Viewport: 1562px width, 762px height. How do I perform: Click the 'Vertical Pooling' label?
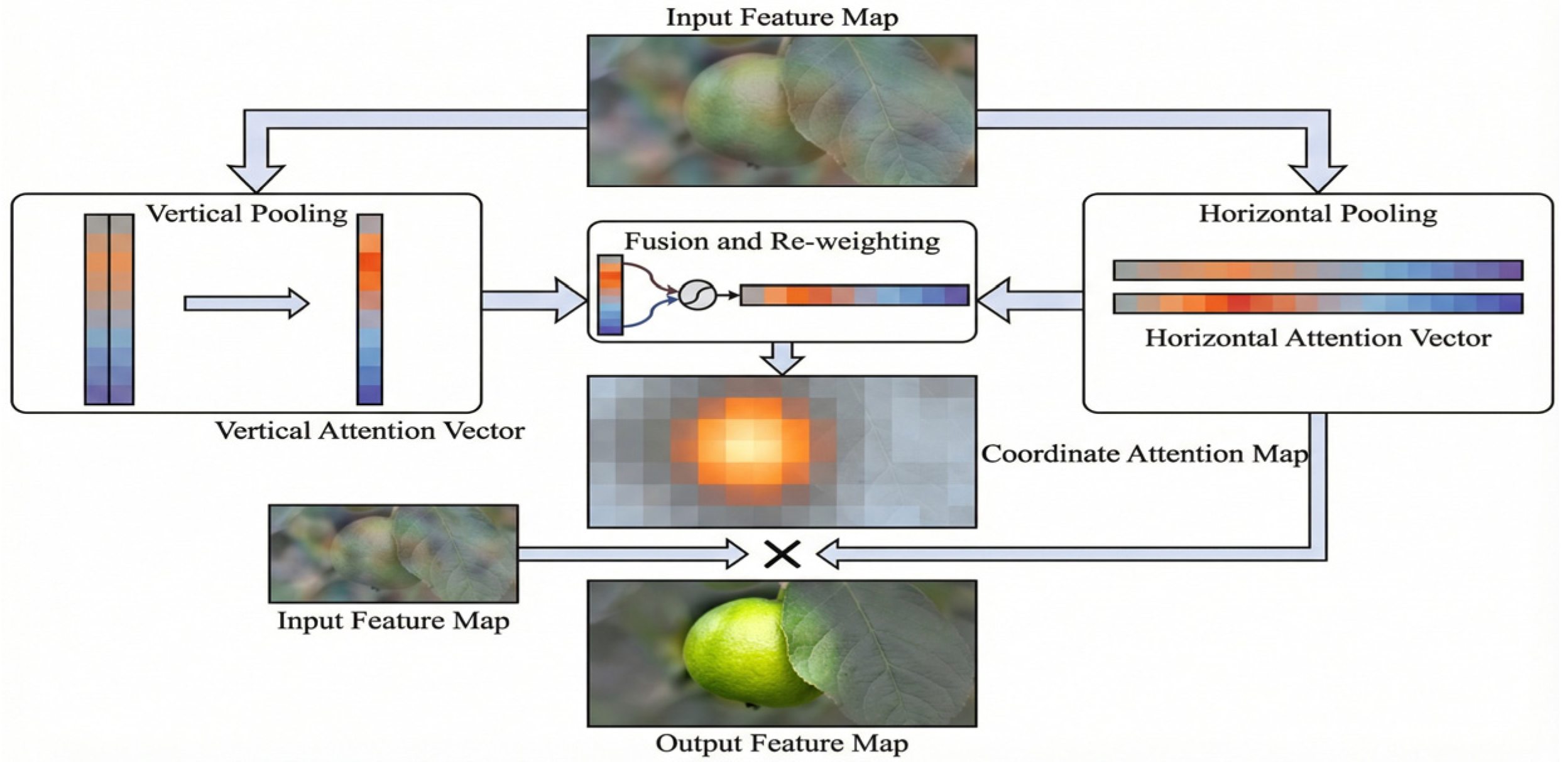pos(247,214)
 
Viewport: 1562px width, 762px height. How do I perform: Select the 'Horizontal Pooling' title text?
pos(1318,214)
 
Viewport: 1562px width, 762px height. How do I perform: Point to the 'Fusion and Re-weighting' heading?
pos(782,241)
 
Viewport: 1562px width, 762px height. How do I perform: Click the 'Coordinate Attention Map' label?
pos(1144,454)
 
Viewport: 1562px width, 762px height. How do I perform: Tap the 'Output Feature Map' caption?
pos(782,743)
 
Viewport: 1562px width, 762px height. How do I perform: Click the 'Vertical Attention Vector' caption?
pos(369,431)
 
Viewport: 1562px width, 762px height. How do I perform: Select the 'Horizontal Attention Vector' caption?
pos(1318,339)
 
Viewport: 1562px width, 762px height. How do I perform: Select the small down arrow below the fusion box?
pos(782,358)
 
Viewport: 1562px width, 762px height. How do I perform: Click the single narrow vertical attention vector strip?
pos(369,309)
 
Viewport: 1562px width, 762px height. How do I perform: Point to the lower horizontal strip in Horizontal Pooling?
pos(1318,303)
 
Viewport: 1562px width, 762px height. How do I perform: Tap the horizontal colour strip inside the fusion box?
pos(855,295)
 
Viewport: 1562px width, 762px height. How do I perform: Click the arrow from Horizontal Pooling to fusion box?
pos(1030,301)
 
